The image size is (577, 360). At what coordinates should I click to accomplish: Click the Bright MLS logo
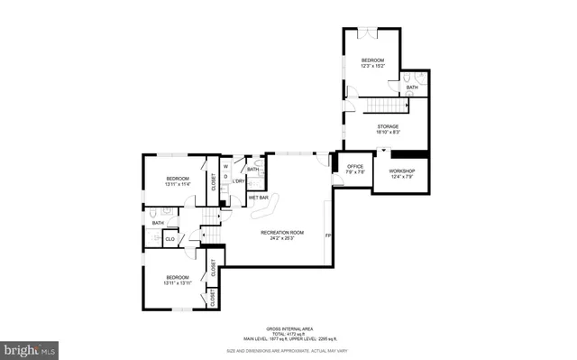coord(30,347)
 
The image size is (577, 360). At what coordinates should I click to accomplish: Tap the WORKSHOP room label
coord(401,171)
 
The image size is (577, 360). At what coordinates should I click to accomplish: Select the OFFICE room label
coord(355,167)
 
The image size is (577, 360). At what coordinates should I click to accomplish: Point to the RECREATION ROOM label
coord(282,233)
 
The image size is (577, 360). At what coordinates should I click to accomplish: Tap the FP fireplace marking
coord(328,236)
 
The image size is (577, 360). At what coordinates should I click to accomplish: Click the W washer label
coord(226,166)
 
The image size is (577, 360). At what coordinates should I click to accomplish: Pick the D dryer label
coord(226,177)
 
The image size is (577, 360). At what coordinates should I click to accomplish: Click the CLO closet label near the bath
coord(169,239)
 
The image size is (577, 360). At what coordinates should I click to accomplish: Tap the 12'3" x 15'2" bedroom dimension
coord(372,66)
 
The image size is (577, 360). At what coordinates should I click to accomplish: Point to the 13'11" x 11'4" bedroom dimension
coord(177,184)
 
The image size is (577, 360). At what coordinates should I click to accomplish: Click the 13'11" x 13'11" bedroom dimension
coord(177,282)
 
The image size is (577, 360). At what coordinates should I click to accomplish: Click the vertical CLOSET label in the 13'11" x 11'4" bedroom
coord(214,181)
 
